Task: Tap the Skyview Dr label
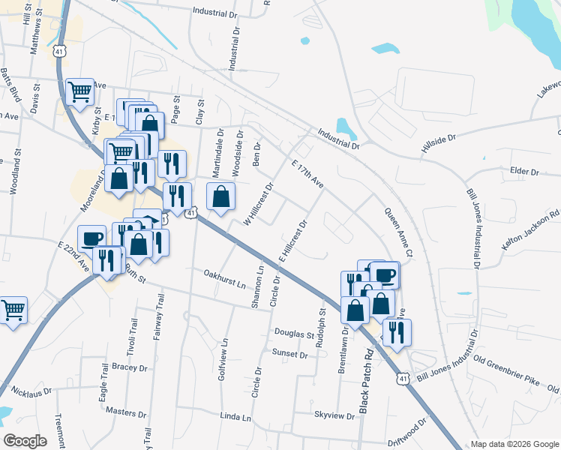333,415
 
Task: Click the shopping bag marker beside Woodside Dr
220,196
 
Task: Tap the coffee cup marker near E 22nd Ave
91,238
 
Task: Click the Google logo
25,441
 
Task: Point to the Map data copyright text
514,444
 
